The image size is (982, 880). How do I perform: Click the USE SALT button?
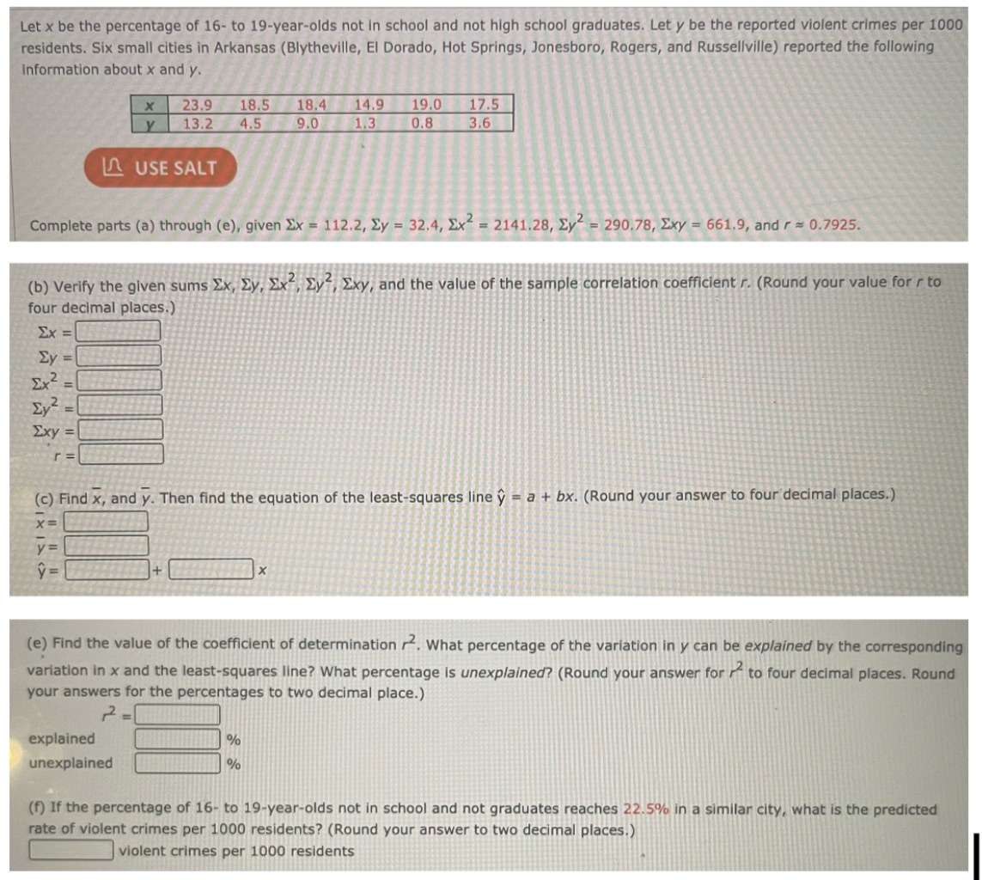point(160,168)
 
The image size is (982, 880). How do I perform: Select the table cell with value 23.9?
point(198,105)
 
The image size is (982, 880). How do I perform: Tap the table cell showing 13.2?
point(198,122)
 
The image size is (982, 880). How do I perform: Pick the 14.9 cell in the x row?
point(369,105)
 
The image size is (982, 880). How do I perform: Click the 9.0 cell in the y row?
point(309,122)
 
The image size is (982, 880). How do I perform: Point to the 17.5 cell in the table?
point(485,105)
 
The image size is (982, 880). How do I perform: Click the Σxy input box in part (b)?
point(120,429)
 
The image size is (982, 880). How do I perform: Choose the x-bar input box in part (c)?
point(105,522)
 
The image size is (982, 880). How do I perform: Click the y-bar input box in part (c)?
point(105,545)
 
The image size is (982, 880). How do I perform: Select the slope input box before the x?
point(211,569)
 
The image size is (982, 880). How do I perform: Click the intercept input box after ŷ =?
point(110,569)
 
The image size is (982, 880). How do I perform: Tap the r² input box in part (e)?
point(177,714)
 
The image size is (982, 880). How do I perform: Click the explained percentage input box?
point(177,738)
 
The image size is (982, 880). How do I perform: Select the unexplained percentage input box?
point(177,762)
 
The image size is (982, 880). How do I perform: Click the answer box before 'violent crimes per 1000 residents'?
point(71,851)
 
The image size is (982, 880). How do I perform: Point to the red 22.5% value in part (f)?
point(644,810)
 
